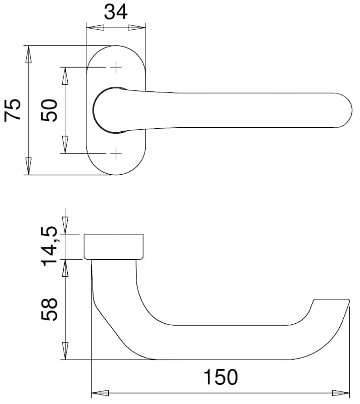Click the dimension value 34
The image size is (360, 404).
coord(115,12)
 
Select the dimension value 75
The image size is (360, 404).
coord(12,110)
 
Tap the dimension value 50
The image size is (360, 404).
coord(49,110)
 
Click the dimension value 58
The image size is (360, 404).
coord(49,310)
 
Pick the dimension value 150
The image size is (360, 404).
coord(221,377)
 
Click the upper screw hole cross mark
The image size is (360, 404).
coord(116,67)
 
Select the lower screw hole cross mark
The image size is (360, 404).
coord(116,154)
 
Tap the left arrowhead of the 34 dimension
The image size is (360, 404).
coord(95,28)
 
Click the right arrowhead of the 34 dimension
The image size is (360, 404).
coord(137,28)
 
